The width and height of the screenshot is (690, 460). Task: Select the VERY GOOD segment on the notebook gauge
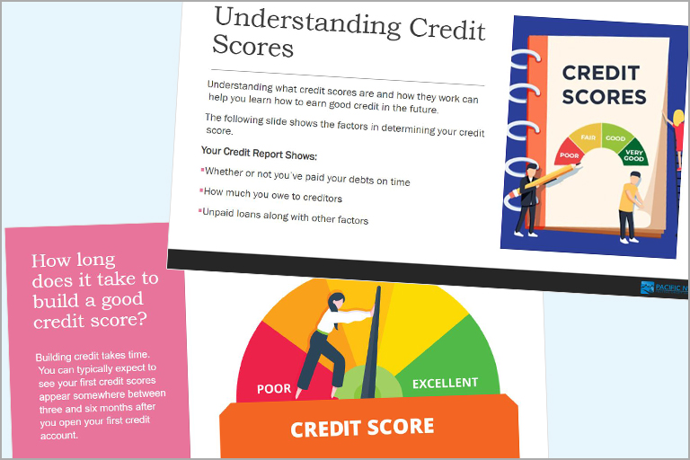[x=637, y=154]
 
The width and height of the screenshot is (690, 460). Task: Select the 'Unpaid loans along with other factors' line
[x=285, y=217]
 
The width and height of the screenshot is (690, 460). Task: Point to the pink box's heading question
[x=95, y=290]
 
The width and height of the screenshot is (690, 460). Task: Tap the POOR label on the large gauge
[x=274, y=389]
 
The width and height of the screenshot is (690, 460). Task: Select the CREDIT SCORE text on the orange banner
[x=362, y=427]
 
